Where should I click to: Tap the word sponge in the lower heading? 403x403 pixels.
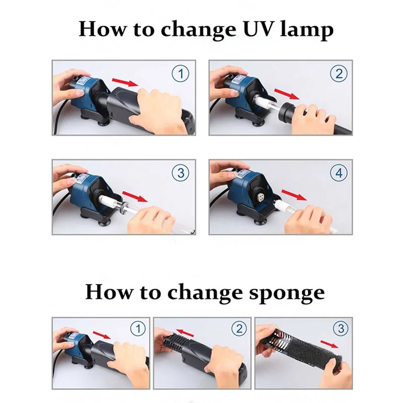[x=287, y=293]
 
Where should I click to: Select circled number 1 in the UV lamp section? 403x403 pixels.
[x=180, y=74]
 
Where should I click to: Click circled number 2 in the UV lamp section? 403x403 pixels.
[x=339, y=74]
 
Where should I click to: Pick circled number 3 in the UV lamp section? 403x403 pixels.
[x=180, y=173]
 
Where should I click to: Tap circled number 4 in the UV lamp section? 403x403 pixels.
[x=339, y=173]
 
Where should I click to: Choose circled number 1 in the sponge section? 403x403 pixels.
[x=138, y=328]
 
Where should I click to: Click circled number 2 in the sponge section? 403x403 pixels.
[x=239, y=328]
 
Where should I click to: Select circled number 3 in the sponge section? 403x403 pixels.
[x=341, y=328]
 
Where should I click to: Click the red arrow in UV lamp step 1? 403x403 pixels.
[x=125, y=83]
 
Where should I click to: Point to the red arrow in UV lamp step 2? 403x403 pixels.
[x=287, y=94]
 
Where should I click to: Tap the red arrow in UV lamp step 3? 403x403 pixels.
[x=135, y=196]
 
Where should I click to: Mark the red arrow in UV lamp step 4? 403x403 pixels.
[x=294, y=195]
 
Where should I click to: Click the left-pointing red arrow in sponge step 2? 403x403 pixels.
[x=185, y=332]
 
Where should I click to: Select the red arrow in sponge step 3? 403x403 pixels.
[x=329, y=344]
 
